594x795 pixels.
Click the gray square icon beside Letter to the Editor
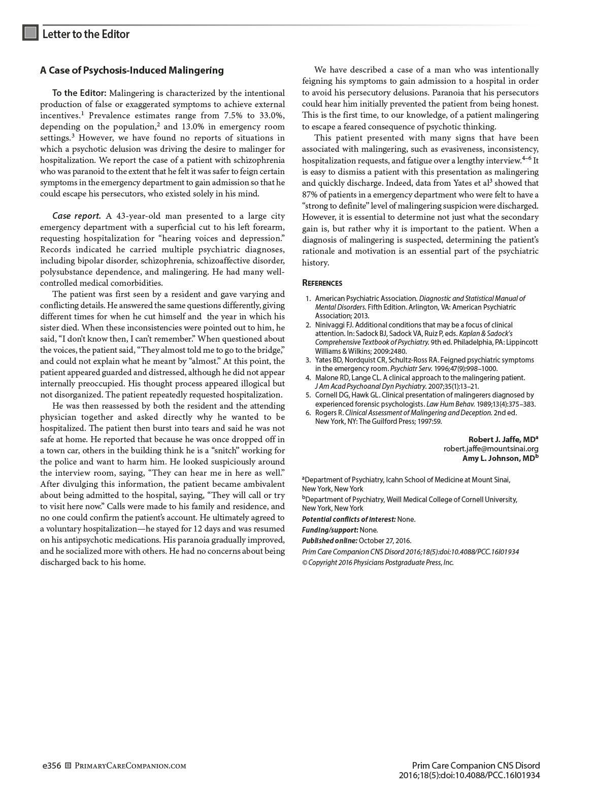[30, 33]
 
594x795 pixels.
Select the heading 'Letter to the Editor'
[86, 34]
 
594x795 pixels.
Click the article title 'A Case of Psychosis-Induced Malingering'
[132, 70]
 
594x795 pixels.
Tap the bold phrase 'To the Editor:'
[79, 93]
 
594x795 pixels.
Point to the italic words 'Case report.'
[77, 216]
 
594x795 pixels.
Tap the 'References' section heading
[322, 283]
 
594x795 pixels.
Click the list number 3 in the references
[308, 360]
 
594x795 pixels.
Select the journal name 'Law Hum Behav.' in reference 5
[449, 404]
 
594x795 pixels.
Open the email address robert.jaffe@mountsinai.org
[491, 449]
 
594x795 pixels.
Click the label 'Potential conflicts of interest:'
[349, 519]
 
